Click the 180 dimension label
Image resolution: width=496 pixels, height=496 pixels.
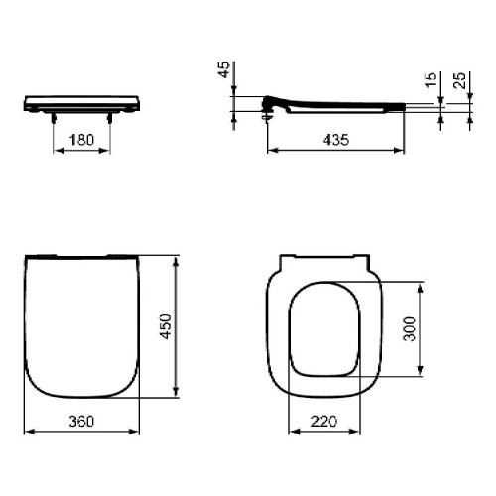[81, 140]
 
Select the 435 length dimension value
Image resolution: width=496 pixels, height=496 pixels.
[336, 140]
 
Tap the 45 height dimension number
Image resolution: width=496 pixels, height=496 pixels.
[224, 69]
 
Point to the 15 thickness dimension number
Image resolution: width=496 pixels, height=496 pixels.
[431, 80]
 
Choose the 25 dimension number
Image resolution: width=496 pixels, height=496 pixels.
[459, 80]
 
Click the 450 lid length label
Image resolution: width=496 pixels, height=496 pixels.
[166, 326]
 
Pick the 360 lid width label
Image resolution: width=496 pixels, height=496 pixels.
[81, 421]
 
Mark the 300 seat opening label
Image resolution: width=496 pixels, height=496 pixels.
[410, 329]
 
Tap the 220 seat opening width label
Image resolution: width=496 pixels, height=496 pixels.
[324, 421]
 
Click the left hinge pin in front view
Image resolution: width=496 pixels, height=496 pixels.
[54, 118]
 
